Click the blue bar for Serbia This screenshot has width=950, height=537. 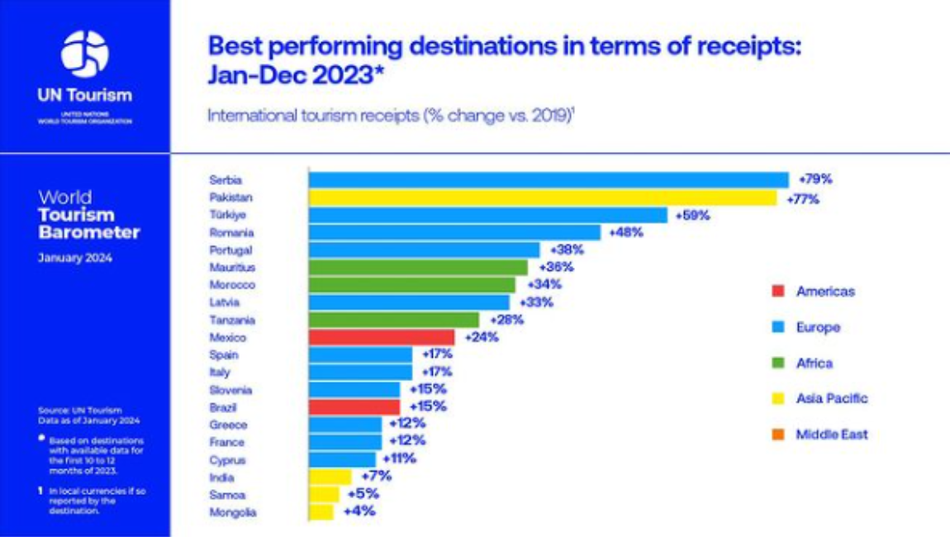pos(549,180)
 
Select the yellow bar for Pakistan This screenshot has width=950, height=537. pos(543,197)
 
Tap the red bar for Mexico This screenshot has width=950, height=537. pos(382,337)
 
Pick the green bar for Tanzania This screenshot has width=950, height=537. pos(394,320)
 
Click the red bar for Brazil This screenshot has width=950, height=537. pos(354,407)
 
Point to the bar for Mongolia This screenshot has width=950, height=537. pos(321,512)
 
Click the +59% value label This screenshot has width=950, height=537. pos(692,216)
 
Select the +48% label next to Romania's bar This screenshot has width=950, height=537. pos(625,233)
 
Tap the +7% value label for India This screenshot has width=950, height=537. pos(376,477)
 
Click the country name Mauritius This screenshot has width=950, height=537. pos(233,268)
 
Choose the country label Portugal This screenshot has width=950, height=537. pos(231,250)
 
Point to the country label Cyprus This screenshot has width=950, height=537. pos(228,460)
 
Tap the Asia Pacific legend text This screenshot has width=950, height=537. pos(832,399)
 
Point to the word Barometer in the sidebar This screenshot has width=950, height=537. pos(89,233)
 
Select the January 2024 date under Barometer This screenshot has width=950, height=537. pos(75,258)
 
